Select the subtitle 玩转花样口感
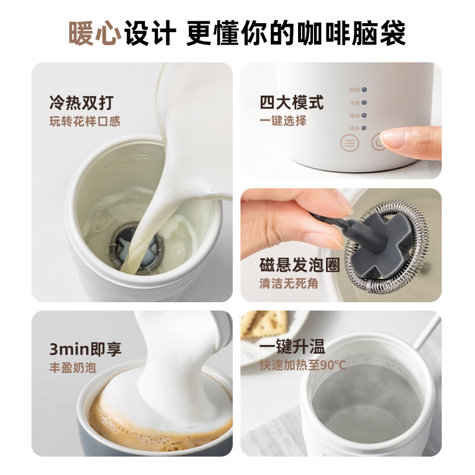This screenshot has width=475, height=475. [85, 122]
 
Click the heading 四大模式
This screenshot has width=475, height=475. [292, 102]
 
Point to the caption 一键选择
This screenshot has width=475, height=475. [283, 121]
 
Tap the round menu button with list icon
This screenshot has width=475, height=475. [349, 143]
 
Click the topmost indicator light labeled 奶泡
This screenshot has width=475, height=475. [365, 90]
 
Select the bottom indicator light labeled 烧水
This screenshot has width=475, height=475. [365, 128]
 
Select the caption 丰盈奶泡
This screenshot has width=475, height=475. [72, 368]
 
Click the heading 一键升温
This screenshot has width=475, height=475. [292, 347]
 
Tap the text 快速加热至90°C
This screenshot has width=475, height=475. [302, 365]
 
